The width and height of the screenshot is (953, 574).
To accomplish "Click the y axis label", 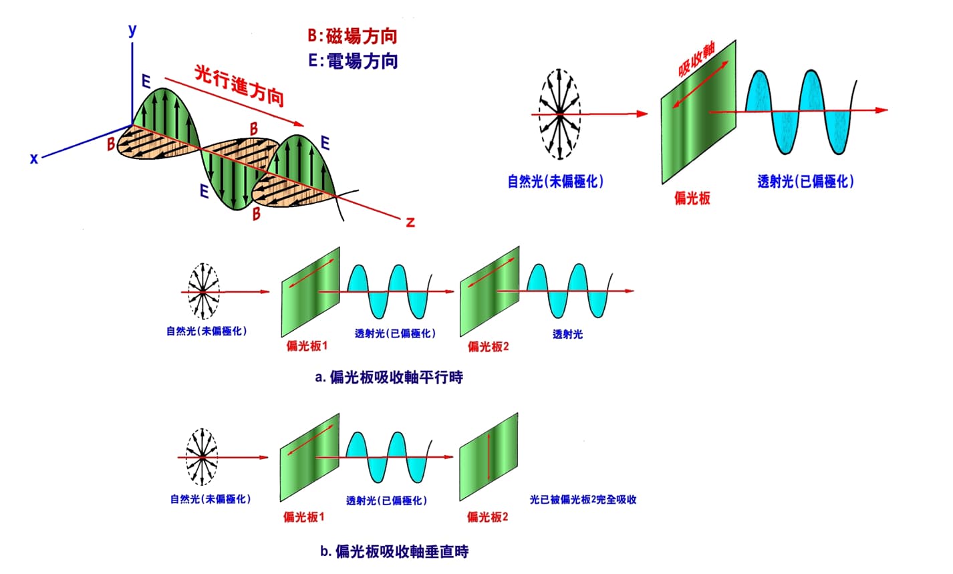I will pyautogui.click(x=133, y=29).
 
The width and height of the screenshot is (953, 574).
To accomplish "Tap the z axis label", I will pyautogui.click(x=410, y=222).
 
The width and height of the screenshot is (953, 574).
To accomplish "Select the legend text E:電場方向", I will pyautogui.click(x=353, y=61).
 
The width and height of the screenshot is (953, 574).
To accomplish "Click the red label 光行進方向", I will pyautogui.click(x=239, y=85).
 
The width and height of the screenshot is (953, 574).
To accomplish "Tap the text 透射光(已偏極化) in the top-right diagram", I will pyautogui.click(x=806, y=181).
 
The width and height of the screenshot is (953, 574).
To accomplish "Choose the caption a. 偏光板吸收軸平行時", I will pyautogui.click(x=389, y=378).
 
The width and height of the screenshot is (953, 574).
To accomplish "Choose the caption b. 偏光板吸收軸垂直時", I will pyautogui.click(x=394, y=551).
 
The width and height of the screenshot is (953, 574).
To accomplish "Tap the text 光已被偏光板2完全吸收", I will pyautogui.click(x=583, y=499).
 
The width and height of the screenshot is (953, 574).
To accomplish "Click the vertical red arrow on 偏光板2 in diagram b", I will pyautogui.click(x=490, y=456).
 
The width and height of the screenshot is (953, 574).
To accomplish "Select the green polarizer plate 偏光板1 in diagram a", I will pyautogui.click(x=311, y=292).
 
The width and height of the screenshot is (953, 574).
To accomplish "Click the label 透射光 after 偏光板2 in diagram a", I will pyautogui.click(x=567, y=333).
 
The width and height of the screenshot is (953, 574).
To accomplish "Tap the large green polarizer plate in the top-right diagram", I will pyautogui.click(x=699, y=110).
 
